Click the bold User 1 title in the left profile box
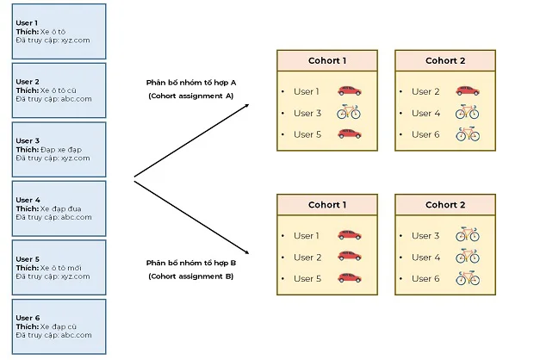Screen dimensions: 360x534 tap(27, 22)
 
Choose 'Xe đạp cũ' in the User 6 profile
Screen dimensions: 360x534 tap(59, 326)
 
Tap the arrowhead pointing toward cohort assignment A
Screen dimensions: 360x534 tap(247, 105)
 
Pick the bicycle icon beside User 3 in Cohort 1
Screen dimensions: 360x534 tap(349, 113)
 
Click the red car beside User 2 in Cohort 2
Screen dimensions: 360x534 tap(467, 91)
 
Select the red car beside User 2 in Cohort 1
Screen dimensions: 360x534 tap(349, 258)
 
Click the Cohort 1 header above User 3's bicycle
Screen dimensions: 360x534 tap(326, 61)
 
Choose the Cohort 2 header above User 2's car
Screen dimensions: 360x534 tap(444, 61)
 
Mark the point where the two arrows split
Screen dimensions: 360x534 tap(135, 178)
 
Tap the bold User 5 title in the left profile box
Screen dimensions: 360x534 tap(27, 258)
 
